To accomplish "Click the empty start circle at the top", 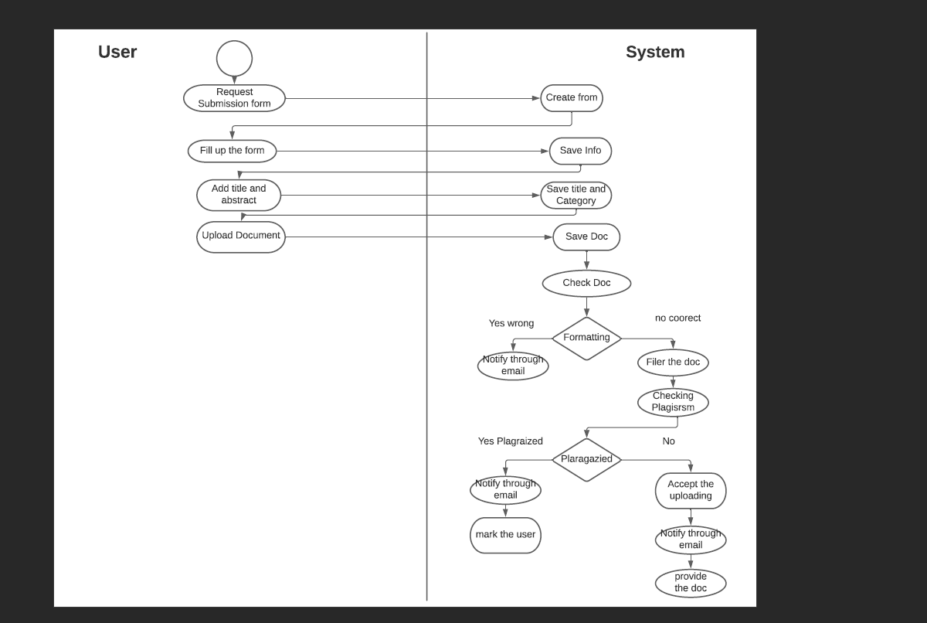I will tap(234, 59).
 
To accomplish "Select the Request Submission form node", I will tap(234, 98).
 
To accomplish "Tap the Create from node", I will tap(571, 98).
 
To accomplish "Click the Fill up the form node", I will tap(232, 151).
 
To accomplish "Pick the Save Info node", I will tap(580, 151).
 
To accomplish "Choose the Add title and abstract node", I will tap(239, 195).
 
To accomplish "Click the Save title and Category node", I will tap(576, 195).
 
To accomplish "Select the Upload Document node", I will tap(241, 237).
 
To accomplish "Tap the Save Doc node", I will tap(586, 237).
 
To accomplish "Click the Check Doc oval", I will tap(586, 283).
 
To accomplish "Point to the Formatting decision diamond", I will tap(586, 338).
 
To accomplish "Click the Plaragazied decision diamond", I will tap(586, 459).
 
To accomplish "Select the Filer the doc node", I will tap(673, 362).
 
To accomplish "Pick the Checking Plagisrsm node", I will tap(673, 402).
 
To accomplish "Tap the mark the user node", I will tap(505, 535).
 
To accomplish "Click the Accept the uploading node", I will tap(691, 490).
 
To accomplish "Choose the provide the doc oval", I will tap(691, 583).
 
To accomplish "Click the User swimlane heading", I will tap(117, 52).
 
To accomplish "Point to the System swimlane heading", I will tap(655, 52).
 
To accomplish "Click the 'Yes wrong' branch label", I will tap(511, 323).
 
